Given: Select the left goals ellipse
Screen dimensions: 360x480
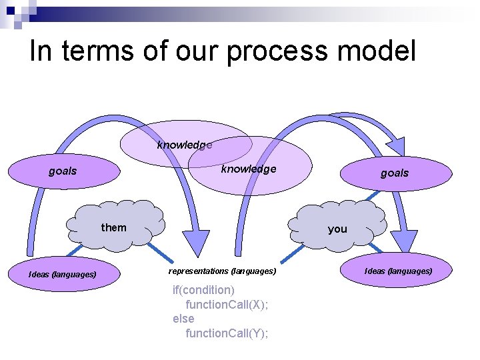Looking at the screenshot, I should coord(63,171).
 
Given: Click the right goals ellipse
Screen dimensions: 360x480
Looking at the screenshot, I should coord(394,173).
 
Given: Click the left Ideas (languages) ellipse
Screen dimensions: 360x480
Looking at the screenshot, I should coord(62,274).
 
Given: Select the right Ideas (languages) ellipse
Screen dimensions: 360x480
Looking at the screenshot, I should coord(398,271).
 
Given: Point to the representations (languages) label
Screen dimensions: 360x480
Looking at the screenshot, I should coord(222,271).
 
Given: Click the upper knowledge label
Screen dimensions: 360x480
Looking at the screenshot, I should coord(185,145).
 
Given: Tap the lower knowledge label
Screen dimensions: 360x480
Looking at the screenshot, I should coord(249,169).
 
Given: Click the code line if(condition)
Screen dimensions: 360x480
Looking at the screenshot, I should coord(203,290).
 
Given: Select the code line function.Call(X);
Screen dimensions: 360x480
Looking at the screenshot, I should coord(227,305).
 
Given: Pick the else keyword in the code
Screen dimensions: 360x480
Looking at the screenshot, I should coord(183,319).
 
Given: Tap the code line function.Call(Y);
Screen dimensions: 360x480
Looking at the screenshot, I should coord(227,333).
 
